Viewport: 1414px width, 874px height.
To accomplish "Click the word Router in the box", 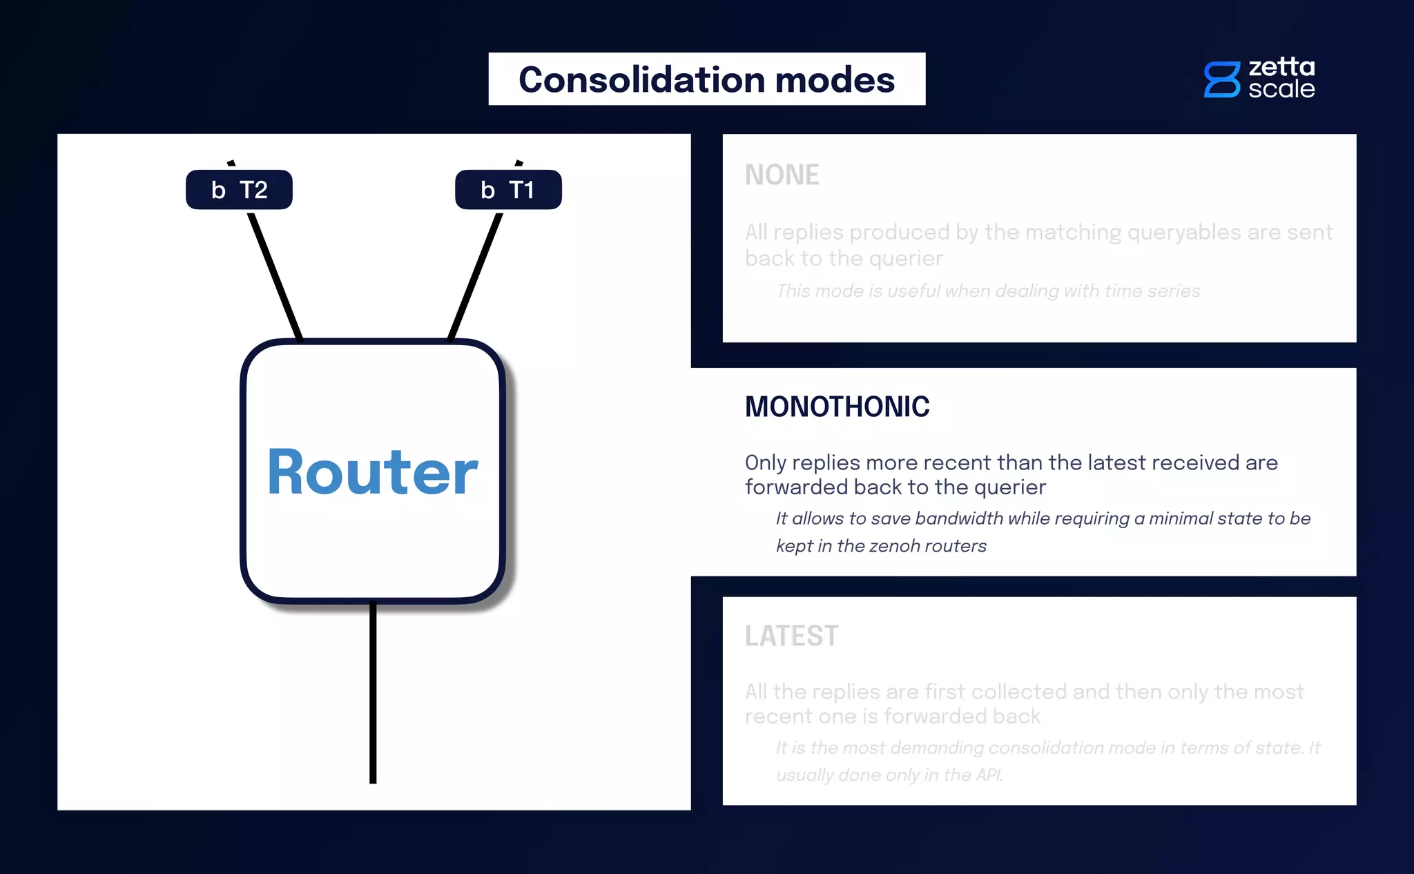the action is point(372,472).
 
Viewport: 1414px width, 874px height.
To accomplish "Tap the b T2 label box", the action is point(239,190).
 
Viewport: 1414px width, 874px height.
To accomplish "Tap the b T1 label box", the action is point(508,190).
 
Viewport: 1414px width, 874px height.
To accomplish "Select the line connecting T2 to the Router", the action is point(275,276).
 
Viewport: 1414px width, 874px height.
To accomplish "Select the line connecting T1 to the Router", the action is point(476,276).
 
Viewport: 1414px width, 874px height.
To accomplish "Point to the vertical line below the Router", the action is point(373,690).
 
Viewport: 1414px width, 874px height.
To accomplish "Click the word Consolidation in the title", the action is point(641,79).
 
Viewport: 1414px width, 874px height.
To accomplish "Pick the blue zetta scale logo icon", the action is point(1221,79).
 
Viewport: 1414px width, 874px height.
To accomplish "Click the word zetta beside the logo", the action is point(1281,67).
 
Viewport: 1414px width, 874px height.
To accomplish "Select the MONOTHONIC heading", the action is point(837,407).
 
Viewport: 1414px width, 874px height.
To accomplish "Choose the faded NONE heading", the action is point(782,175).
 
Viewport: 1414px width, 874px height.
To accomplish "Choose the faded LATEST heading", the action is point(791,636).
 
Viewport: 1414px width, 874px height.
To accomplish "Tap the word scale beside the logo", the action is point(1281,89).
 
